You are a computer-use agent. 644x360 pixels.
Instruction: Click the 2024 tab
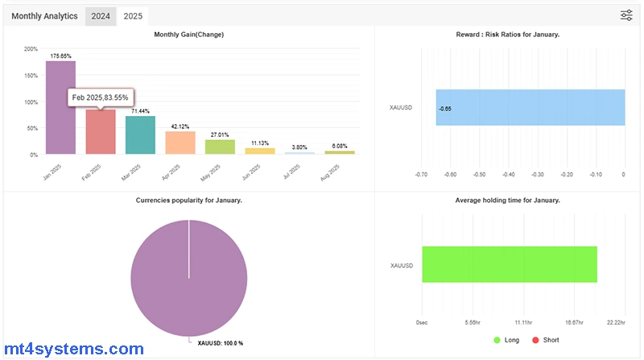[x=101, y=15]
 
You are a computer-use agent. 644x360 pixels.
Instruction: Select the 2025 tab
[x=132, y=15]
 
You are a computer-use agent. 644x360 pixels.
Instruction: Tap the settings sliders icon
[x=626, y=15]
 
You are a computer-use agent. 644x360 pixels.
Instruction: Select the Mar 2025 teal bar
[x=140, y=134]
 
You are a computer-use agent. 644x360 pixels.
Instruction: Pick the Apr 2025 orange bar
[x=180, y=143]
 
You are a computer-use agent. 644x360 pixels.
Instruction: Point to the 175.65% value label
[x=61, y=56]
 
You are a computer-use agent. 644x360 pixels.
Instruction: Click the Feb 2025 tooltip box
[x=101, y=97]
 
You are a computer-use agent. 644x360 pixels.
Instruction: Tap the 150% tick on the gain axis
[x=31, y=76]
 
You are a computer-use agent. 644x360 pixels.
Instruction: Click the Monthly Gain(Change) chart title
[x=188, y=35]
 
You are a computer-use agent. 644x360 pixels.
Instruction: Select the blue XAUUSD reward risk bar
[x=530, y=107]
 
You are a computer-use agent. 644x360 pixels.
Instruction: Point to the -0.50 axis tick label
[x=479, y=173]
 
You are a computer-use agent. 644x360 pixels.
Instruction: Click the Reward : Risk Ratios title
[x=507, y=35]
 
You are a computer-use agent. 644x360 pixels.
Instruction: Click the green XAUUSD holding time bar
[x=509, y=264]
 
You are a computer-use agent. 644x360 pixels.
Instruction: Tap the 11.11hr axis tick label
[x=523, y=321]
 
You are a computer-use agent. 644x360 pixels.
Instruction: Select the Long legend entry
[x=506, y=340]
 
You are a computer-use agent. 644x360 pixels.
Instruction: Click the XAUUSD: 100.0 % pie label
[x=220, y=343]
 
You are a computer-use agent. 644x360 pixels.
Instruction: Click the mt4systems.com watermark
[x=72, y=349]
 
